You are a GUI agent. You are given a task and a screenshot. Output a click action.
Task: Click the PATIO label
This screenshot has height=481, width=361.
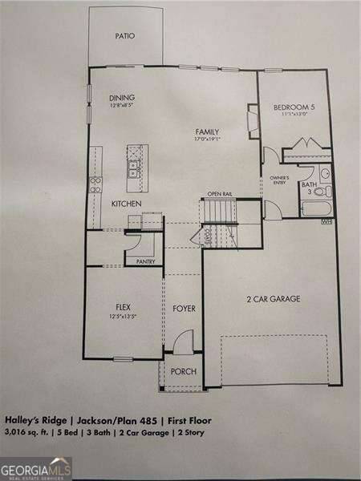click(x=124, y=36)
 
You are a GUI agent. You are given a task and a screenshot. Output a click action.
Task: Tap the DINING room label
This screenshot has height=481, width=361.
click(x=123, y=99)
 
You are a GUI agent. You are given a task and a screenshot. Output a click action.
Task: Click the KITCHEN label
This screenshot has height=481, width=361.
click(x=127, y=204)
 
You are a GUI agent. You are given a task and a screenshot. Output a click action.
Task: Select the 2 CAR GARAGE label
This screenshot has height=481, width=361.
click(x=273, y=299)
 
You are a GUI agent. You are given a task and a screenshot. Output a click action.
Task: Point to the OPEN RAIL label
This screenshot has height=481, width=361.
click(x=220, y=195)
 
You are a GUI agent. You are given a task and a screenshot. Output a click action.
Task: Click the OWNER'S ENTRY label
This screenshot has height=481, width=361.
click(x=279, y=180)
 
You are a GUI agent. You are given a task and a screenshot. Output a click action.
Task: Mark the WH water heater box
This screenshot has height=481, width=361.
click(x=326, y=222)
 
